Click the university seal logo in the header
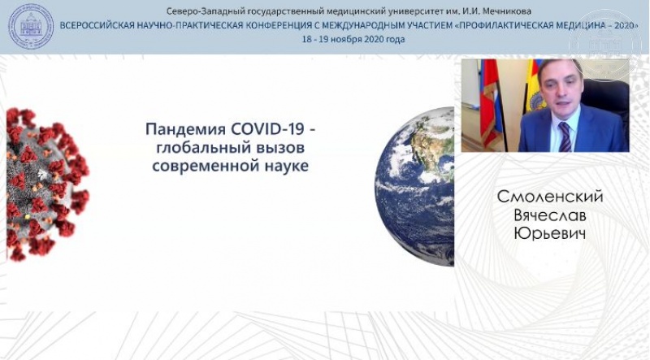click(31, 26)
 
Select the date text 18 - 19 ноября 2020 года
click(353, 39)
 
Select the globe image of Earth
click(414, 186)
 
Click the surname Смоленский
click(550, 197)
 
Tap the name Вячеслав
click(551, 215)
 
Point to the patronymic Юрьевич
click(550, 234)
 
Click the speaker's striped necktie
click(564, 137)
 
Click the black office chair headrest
click(606, 93)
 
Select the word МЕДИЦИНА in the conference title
click(577, 25)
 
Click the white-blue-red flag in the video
click(492, 104)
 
